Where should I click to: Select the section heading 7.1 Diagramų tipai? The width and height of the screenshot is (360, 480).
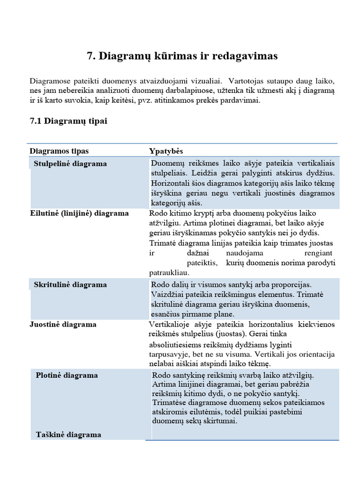click(68, 121)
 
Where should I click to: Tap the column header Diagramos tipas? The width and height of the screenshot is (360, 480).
click(59, 151)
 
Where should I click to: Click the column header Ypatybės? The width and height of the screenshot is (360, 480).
click(166, 151)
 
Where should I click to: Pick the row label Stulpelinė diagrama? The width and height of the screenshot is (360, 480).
click(70, 164)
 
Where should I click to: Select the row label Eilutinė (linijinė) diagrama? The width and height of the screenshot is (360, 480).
click(79, 213)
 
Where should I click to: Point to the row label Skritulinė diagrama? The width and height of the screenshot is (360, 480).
click(70, 285)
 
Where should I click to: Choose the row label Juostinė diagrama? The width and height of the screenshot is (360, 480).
click(63, 324)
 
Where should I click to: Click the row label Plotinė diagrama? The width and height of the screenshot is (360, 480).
click(67, 375)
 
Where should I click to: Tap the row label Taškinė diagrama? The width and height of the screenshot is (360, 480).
click(68, 435)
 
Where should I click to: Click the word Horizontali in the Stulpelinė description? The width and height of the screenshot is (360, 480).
click(169, 183)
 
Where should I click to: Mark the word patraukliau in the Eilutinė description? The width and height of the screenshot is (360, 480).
click(169, 272)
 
